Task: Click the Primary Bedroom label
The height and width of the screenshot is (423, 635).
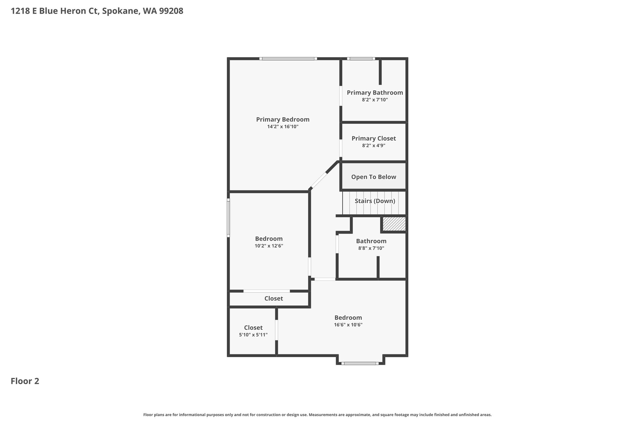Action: coord(283,120)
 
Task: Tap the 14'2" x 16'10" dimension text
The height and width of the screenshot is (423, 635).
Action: coord(283,127)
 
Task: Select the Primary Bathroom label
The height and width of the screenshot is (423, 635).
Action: coord(375,93)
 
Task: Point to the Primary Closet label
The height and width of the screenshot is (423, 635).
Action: coord(374,139)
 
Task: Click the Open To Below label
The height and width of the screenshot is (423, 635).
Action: coord(374,177)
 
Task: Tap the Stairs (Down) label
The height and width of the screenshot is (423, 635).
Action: coord(375,201)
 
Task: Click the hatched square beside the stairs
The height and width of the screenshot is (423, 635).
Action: coord(394,224)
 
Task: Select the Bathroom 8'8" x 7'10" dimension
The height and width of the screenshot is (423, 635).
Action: coord(371,248)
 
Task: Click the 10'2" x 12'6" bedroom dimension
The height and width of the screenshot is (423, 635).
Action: coord(269,246)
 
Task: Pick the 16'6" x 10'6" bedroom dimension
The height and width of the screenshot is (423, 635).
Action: coord(348,325)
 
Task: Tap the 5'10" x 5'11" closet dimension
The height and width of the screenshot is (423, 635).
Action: coord(253,335)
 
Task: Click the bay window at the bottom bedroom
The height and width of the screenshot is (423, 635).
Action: coord(360,363)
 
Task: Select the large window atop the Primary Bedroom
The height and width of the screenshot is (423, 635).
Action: coord(288,59)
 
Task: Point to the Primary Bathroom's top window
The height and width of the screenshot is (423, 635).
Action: coord(361,59)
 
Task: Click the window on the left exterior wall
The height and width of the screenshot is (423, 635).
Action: coord(229,218)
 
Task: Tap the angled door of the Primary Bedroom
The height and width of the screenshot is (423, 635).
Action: coord(319,180)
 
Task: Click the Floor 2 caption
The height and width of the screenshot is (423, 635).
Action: coord(25,381)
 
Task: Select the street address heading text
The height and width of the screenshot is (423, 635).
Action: coord(97,11)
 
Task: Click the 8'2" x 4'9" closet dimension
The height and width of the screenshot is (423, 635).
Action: coord(374,146)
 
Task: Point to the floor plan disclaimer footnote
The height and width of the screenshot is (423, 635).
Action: coord(317,415)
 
